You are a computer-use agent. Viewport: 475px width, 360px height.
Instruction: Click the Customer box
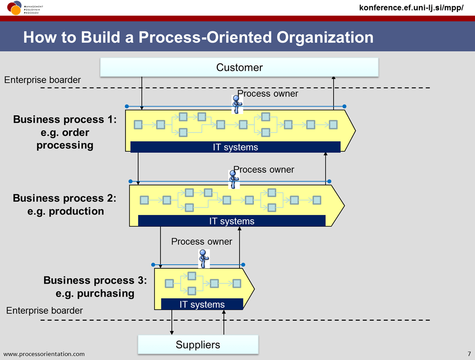pyautogui.click(x=239, y=68)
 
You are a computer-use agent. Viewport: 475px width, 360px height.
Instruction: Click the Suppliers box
pyautogui.click(x=198, y=345)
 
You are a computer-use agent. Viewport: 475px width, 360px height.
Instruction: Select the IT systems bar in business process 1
pyautogui.click(x=235, y=147)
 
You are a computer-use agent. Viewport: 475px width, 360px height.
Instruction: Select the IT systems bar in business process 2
pyautogui.click(x=232, y=221)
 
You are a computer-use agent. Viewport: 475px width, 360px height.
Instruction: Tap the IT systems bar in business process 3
pyautogui.click(x=202, y=304)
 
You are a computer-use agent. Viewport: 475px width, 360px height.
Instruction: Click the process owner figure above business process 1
pyautogui.click(x=237, y=104)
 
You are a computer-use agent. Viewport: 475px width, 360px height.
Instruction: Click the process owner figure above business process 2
pyautogui.click(x=234, y=179)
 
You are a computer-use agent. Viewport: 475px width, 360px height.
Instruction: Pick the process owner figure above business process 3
pyautogui.click(x=203, y=259)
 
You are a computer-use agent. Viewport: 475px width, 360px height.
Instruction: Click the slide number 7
pyautogui.click(x=469, y=354)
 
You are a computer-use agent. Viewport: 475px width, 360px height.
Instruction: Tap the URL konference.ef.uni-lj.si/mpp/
pyautogui.click(x=411, y=7)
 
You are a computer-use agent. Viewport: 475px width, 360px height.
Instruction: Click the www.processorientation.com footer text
pyautogui.click(x=44, y=354)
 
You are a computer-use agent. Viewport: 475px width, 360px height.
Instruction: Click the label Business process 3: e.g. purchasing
pyautogui.click(x=95, y=287)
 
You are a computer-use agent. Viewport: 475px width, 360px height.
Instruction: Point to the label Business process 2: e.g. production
pyautogui.click(x=65, y=204)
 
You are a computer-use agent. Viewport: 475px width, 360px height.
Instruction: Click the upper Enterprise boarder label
pyautogui.click(x=42, y=80)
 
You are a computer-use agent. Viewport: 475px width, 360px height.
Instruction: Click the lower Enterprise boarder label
pyautogui.click(x=44, y=310)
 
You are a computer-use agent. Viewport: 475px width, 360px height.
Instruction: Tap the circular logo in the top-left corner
pyautogui.click(x=14, y=7)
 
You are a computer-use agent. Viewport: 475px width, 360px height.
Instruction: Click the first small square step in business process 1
pyautogui.click(x=138, y=124)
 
